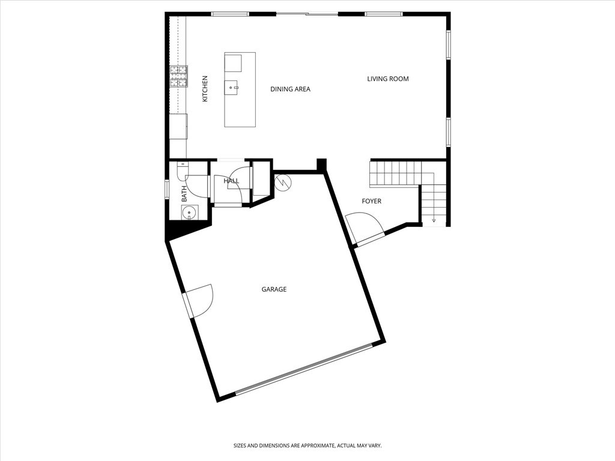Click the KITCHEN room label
click(x=205, y=89)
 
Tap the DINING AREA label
click(x=290, y=89)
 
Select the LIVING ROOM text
click(x=388, y=79)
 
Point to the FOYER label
click(x=371, y=201)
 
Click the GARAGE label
click(x=274, y=289)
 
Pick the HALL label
click(x=231, y=181)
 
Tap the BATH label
click(x=184, y=194)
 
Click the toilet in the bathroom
click(x=183, y=171)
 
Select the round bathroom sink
click(x=189, y=213)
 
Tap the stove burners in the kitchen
click(x=178, y=76)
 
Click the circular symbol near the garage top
click(x=283, y=182)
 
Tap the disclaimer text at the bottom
click(x=307, y=446)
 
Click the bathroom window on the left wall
click(x=167, y=189)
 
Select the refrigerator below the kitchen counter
click(x=178, y=126)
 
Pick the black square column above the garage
click(x=322, y=164)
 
